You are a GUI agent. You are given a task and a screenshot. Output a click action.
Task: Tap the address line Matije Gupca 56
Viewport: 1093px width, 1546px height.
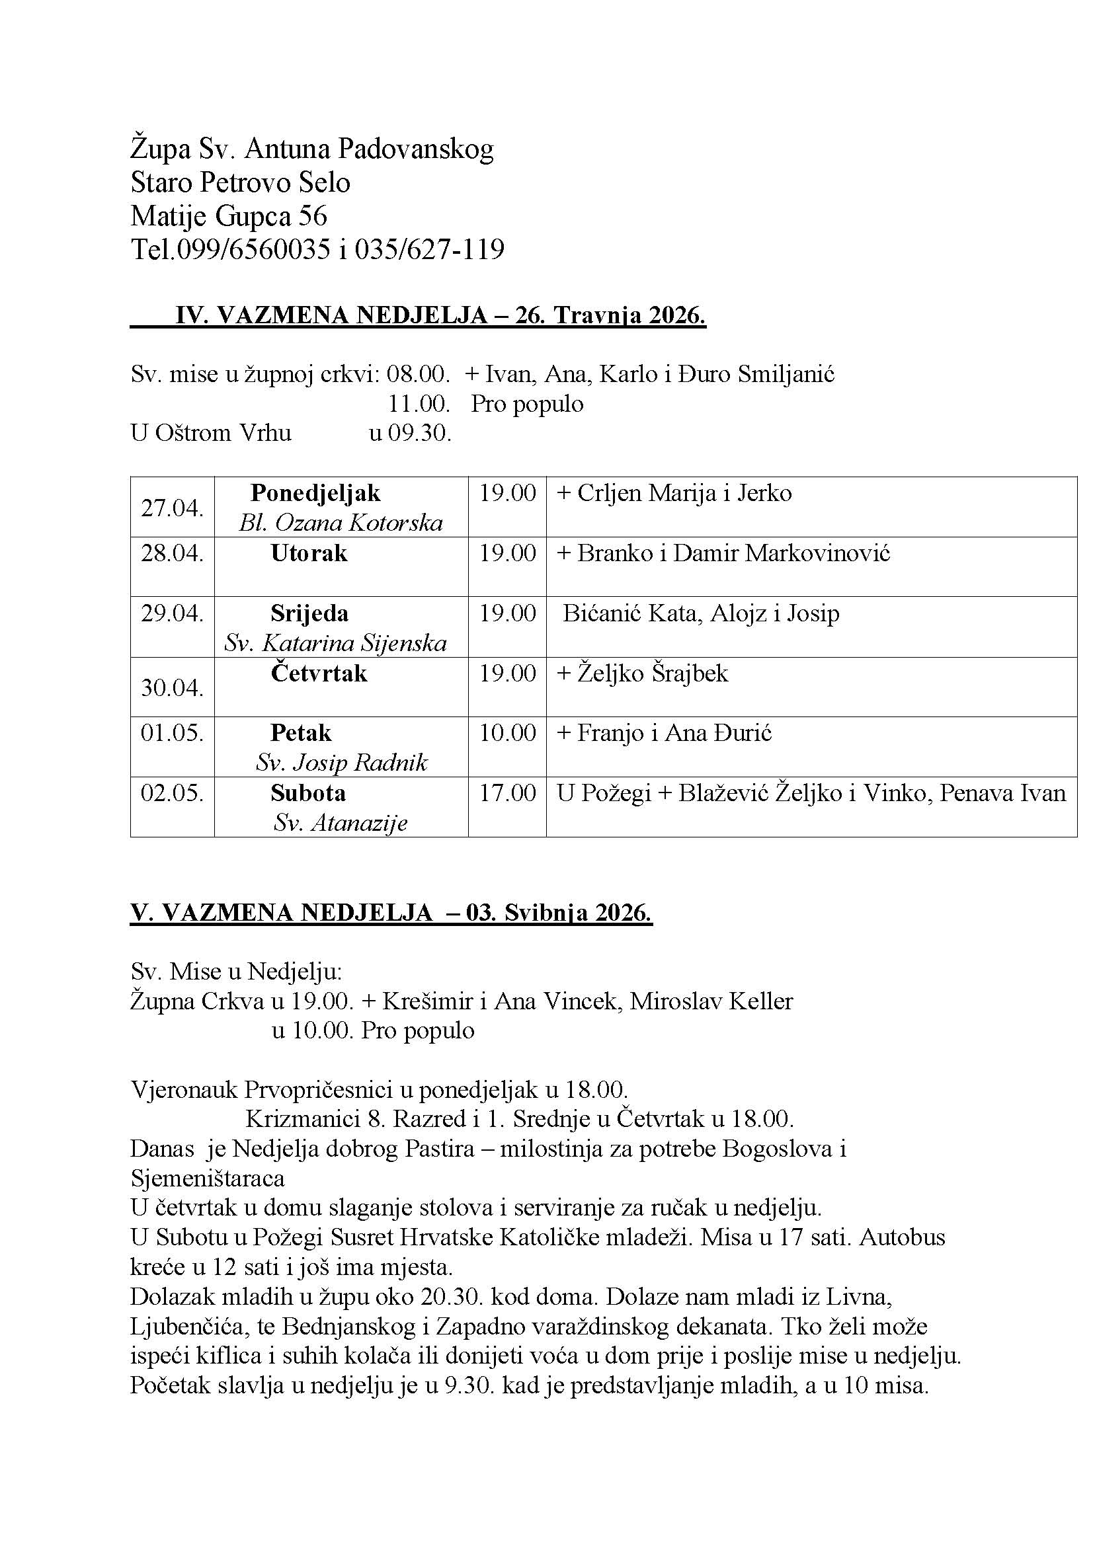coord(228,216)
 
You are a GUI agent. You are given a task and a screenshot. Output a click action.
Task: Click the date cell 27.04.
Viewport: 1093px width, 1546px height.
coord(172,508)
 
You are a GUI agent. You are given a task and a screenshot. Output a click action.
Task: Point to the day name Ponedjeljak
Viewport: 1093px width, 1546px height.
coord(315,493)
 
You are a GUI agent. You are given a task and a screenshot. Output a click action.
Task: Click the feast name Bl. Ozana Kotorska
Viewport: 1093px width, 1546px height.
coord(341,523)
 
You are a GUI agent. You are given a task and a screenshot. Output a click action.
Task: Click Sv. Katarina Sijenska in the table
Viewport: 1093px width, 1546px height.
coord(335,643)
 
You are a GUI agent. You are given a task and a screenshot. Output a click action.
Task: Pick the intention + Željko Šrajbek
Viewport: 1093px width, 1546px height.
coord(643,673)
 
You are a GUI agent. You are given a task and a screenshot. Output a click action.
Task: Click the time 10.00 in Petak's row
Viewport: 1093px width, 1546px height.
coord(507,732)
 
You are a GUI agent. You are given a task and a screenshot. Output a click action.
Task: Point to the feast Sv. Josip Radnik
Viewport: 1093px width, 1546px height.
coord(341,762)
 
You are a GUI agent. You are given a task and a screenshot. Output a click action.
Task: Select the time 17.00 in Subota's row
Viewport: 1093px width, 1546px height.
coord(507,792)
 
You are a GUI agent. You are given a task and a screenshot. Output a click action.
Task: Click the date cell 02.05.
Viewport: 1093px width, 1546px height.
coord(172,792)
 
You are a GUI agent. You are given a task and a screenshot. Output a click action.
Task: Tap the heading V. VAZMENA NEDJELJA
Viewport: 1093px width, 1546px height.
coord(281,912)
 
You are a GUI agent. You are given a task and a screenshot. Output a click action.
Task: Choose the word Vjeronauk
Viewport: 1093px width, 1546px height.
coord(184,1089)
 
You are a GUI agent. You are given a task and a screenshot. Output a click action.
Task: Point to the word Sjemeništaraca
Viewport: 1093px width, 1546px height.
coord(208,1179)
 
